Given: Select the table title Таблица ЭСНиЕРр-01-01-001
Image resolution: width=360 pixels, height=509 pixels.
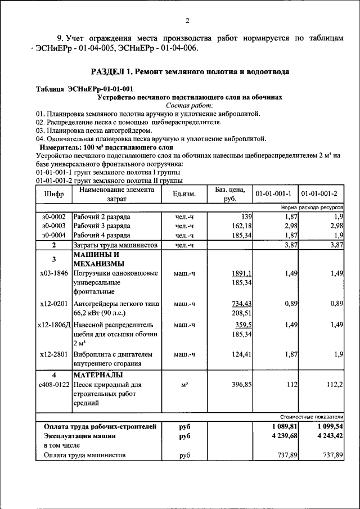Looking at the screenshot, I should pos(84,89).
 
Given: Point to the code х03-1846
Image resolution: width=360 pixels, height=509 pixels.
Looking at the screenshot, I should pos(53,273).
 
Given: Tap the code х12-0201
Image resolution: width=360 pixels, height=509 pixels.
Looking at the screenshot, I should pos(53,304).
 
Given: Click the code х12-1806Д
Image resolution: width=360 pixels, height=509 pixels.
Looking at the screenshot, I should pos(53,325).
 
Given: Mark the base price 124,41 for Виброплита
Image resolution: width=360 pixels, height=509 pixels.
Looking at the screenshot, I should pos(239,354).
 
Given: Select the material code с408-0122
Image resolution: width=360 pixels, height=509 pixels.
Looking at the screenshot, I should pos(53,385).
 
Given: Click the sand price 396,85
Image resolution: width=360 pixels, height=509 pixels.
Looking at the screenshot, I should pos(239,385).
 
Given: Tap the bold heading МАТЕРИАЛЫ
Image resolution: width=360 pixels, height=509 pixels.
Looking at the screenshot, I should pos(98,375).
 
